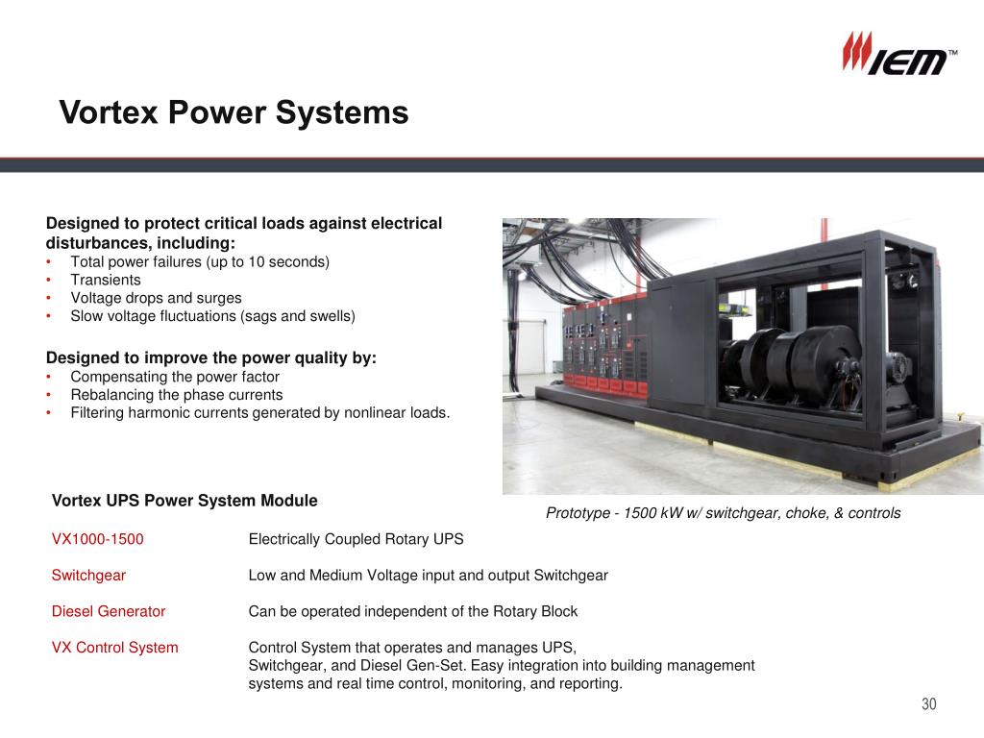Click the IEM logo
pos(899,55)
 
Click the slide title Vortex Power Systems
pos(234,112)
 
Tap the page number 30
pos(928,704)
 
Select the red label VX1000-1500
pos(98,539)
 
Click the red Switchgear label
pos(88,576)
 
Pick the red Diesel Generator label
pos(109,611)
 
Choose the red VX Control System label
pos(115,648)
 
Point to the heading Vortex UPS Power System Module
pos(184,501)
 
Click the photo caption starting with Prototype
pos(723,513)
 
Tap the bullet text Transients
pos(106,280)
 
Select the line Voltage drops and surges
pos(156,298)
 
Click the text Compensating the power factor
pos(175,377)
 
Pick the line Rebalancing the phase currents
pos(177,395)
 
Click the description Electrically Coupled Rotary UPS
pos(356,539)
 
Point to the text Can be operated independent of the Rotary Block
pos(413,611)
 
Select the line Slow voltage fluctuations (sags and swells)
pos(212,316)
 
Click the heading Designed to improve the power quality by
pos(211,358)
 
